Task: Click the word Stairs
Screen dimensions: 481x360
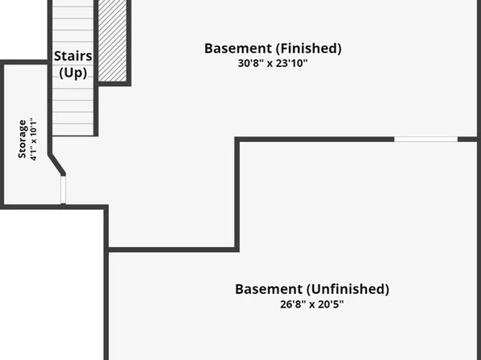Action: click(73, 57)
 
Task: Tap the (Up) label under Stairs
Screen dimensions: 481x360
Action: click(73, 73)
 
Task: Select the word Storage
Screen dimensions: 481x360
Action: click(22, 139)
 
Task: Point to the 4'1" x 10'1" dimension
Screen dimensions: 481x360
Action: click(33, 139)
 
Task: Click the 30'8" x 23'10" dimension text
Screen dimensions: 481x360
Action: click(273, 63)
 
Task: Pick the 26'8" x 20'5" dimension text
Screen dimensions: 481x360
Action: click(312, 304)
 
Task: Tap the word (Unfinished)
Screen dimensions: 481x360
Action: click(348, 289)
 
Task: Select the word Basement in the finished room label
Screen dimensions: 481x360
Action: click(238, 48)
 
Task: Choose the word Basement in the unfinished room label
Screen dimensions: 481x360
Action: click(269, 289)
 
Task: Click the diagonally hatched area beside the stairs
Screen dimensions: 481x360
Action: click(112, 40)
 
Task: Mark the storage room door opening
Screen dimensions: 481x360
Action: click(63, 190)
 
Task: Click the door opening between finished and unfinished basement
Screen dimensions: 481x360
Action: click(426, 140)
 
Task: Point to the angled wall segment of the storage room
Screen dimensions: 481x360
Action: click(56, 164)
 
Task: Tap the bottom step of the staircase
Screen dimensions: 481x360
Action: click(73, 129)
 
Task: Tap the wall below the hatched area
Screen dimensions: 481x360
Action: click(114, 84)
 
